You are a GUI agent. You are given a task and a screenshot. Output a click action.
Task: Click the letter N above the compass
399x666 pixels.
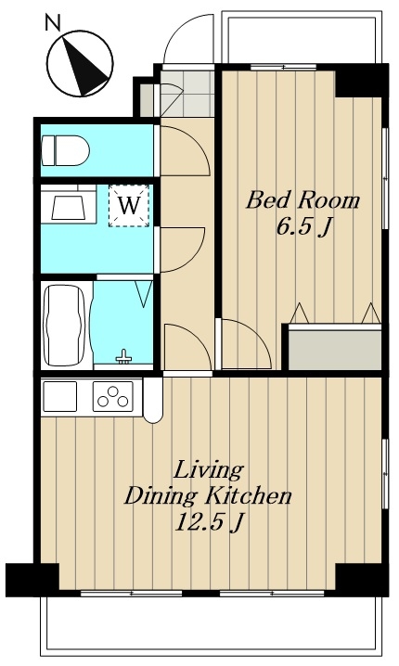(53, 22)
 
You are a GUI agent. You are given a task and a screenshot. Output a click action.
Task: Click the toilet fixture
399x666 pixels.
(66, 151)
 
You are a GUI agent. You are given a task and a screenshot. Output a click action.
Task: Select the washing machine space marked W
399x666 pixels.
(129, 206)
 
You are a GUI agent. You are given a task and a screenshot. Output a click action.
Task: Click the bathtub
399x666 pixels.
(66, 325)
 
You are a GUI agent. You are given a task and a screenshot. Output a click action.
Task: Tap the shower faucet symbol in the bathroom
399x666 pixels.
(123, 357)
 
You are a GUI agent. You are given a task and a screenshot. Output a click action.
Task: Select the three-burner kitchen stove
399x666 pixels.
(113, 396)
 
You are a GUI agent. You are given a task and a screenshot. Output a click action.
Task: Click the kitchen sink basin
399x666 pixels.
(60, 396)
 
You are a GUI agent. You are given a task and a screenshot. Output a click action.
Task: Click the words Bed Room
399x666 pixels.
(303, 200)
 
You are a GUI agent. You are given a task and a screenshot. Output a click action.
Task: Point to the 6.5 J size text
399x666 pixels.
(303, 227)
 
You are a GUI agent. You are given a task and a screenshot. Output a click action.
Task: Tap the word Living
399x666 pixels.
(208, 469)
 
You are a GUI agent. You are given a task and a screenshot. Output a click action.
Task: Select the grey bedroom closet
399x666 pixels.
(334, 348)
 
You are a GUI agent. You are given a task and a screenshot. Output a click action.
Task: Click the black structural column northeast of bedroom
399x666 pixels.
(361, 81)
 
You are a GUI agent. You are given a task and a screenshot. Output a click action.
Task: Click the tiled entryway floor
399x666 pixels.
(187, 94)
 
